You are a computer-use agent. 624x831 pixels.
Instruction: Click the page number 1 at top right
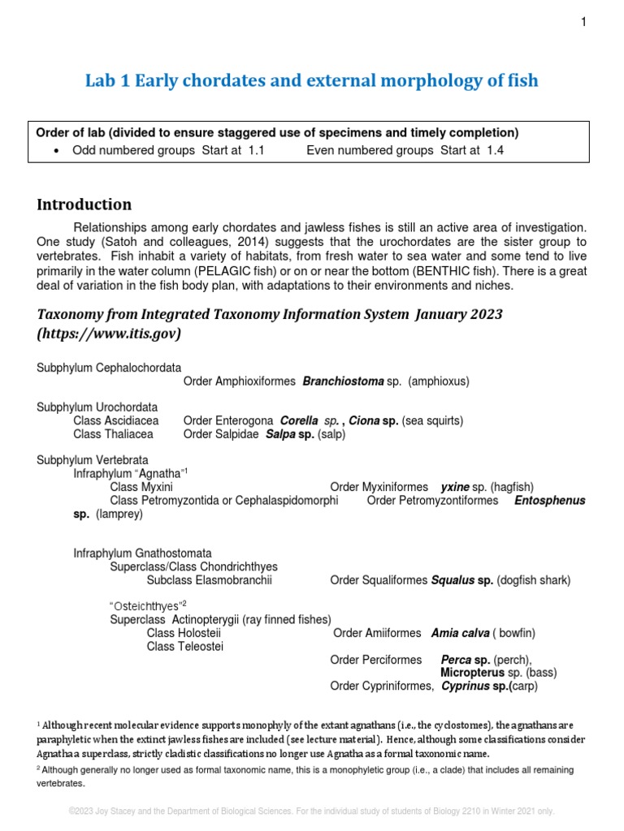[583, 22]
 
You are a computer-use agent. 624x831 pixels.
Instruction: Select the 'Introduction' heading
[84, 205]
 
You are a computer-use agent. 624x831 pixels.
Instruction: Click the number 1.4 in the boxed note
[495, 151]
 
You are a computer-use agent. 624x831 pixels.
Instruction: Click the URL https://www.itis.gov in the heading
[109, 334]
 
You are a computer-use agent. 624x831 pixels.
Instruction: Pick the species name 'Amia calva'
[460, 633]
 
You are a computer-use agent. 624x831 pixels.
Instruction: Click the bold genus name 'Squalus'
[452, 580]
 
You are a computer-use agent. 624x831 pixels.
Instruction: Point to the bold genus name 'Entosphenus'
[549, 501]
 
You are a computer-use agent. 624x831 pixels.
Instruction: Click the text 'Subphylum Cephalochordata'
[109, 368]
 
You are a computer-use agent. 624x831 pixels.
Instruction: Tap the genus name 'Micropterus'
[472, 673]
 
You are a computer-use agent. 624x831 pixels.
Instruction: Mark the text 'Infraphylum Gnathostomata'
[142, 553]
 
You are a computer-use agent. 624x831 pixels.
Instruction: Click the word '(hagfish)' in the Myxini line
[512, 487]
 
